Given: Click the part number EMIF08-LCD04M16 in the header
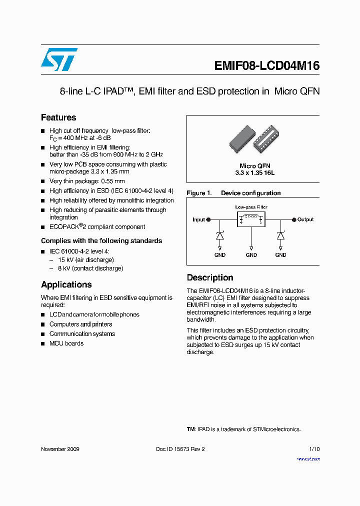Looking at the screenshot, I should point(266,66).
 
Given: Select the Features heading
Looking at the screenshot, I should point(58,117).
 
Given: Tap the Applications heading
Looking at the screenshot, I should point(66,284).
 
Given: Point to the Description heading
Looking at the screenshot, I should point(210,277).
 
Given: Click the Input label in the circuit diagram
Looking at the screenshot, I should point(198,219).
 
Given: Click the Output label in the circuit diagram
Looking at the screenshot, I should point(305,219).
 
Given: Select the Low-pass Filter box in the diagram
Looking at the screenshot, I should point(251,219).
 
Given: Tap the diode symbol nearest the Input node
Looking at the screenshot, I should point(219,235).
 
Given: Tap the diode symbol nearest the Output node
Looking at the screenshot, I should point(280,235).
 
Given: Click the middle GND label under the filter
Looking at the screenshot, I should point(251,255).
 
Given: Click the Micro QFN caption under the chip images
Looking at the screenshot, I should point(255,166).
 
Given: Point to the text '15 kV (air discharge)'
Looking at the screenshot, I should point(85,260).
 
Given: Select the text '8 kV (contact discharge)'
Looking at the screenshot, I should point(90,268).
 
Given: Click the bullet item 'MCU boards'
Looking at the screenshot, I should point(66,343).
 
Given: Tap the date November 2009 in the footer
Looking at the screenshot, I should point(60,449).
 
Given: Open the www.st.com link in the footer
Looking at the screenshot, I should point(308,459).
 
